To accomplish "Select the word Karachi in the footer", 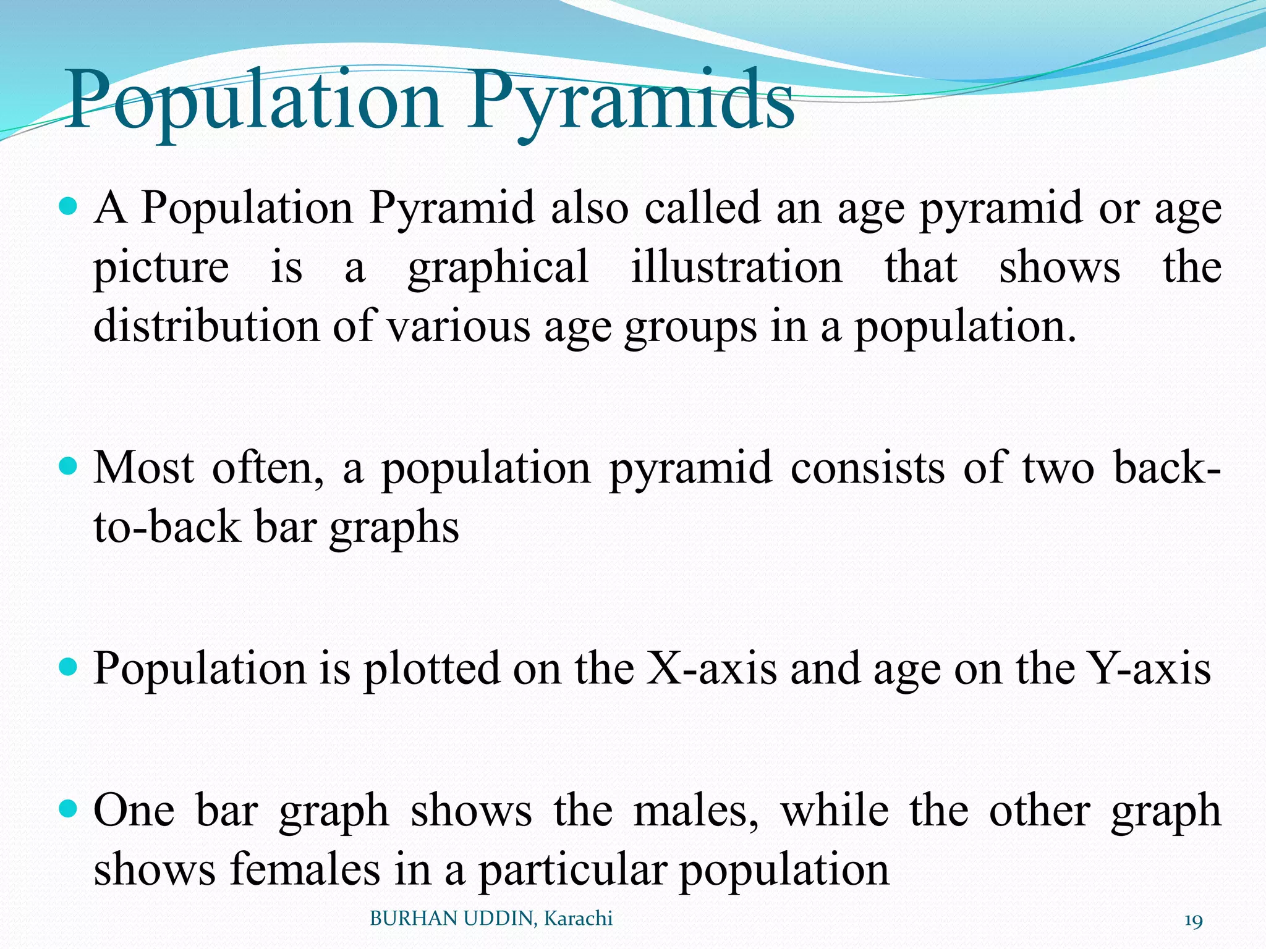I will pos(578,919).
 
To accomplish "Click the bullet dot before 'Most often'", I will pos(70,465).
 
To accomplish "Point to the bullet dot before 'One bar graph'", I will pos(70,807).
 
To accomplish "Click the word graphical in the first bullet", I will pos(498,268).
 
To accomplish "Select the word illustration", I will pos(736,268).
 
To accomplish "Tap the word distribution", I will pos(206,326).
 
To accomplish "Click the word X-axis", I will pos(711,669).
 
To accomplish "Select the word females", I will pos(305,869).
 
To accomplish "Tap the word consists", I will pos(868,468).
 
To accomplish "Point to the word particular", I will pos(572,869).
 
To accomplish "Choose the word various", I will pos(458,326).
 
